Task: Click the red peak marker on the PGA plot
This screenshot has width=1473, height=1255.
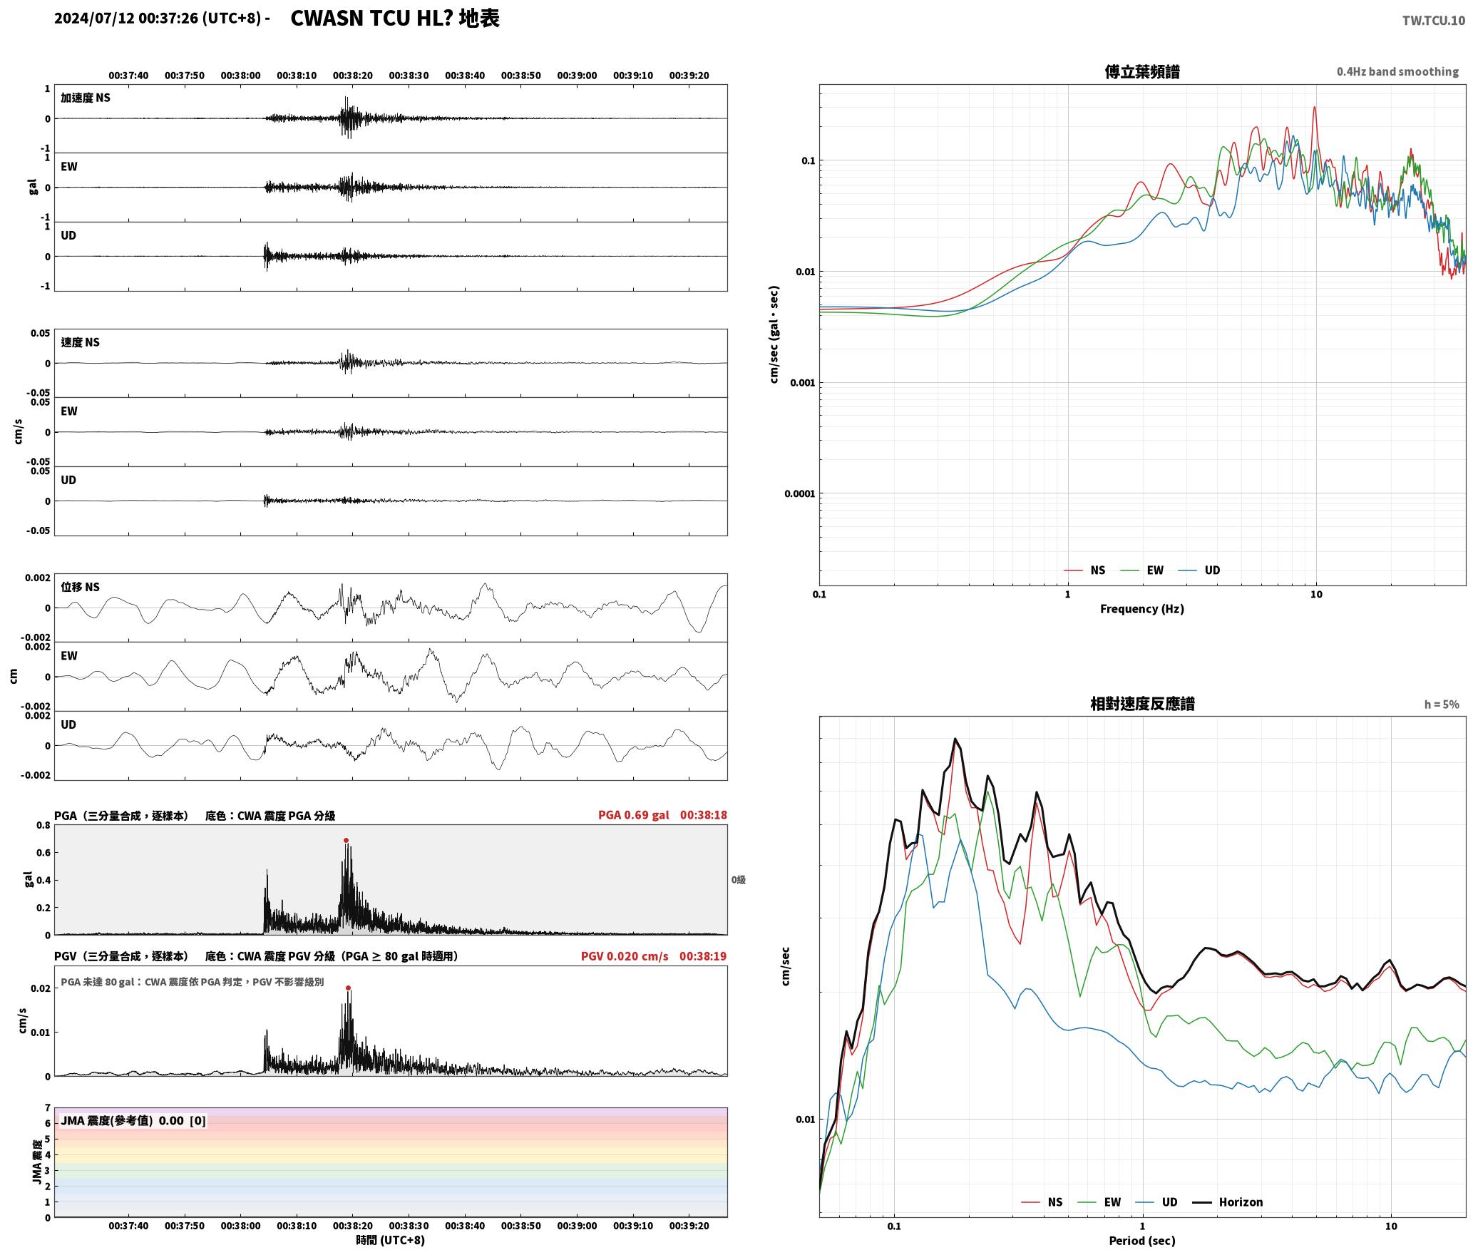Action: [347, 840]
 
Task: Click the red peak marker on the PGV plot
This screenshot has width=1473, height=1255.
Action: [348, 988]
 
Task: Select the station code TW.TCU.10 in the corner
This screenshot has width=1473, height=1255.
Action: [1433, 21]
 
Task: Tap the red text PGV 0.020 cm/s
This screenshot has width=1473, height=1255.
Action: [625, 956]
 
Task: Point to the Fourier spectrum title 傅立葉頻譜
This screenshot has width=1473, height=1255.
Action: [1141, 71]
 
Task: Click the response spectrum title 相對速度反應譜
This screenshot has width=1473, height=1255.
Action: [1142, 704]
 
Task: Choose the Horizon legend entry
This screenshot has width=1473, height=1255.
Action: [1241, 1202]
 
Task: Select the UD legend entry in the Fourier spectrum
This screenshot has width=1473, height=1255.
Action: [1212, 570]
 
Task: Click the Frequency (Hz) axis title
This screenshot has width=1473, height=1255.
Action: [1141, 608]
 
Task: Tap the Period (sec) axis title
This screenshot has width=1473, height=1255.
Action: [1141, 1240]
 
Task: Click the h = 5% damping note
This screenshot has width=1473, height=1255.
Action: [1442, 705]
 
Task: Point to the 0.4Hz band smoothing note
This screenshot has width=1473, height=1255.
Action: [1397, 71]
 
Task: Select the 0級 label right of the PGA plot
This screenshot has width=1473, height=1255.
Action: [738, 880]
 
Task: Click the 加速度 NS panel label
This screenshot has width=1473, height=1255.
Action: [86, 98]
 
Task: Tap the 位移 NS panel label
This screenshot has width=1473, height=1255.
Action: [80, 587]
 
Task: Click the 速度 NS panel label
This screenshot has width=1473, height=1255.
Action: [80, 342]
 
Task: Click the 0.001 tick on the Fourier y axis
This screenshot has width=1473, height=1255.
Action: [802, 383]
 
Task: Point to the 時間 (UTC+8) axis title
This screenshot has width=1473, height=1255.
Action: [390, 1240]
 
